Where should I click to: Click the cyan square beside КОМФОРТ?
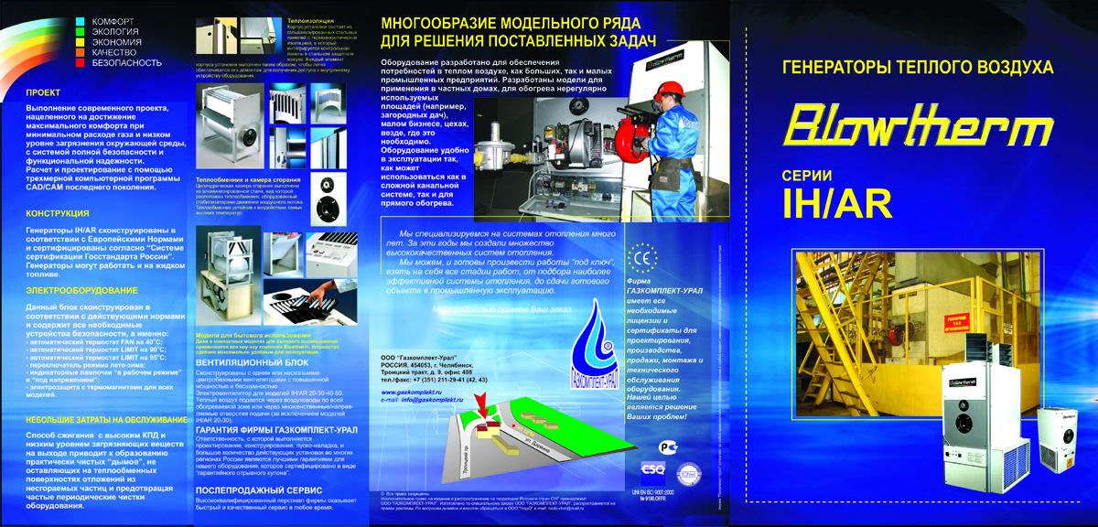[81, 19]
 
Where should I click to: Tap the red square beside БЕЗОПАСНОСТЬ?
[81, 63]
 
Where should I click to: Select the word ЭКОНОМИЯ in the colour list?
[116, 41]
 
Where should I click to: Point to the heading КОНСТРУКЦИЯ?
[58, 212]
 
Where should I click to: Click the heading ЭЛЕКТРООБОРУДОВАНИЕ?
[75, 289]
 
